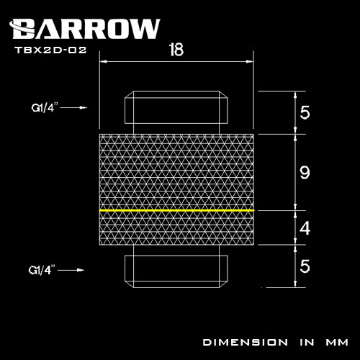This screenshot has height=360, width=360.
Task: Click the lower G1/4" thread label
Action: point(45,271)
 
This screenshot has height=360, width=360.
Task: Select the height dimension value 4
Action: point(304,230)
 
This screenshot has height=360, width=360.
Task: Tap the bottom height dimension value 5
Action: point(304,267)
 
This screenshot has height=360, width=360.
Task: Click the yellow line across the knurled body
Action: point(176,210)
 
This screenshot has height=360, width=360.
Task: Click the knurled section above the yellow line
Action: point(176,171)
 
